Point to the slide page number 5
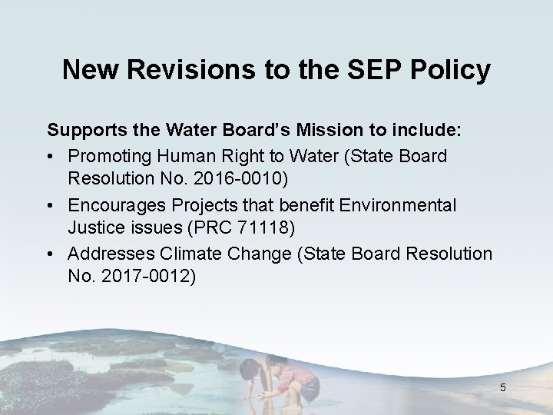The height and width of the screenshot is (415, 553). [502, 387]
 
